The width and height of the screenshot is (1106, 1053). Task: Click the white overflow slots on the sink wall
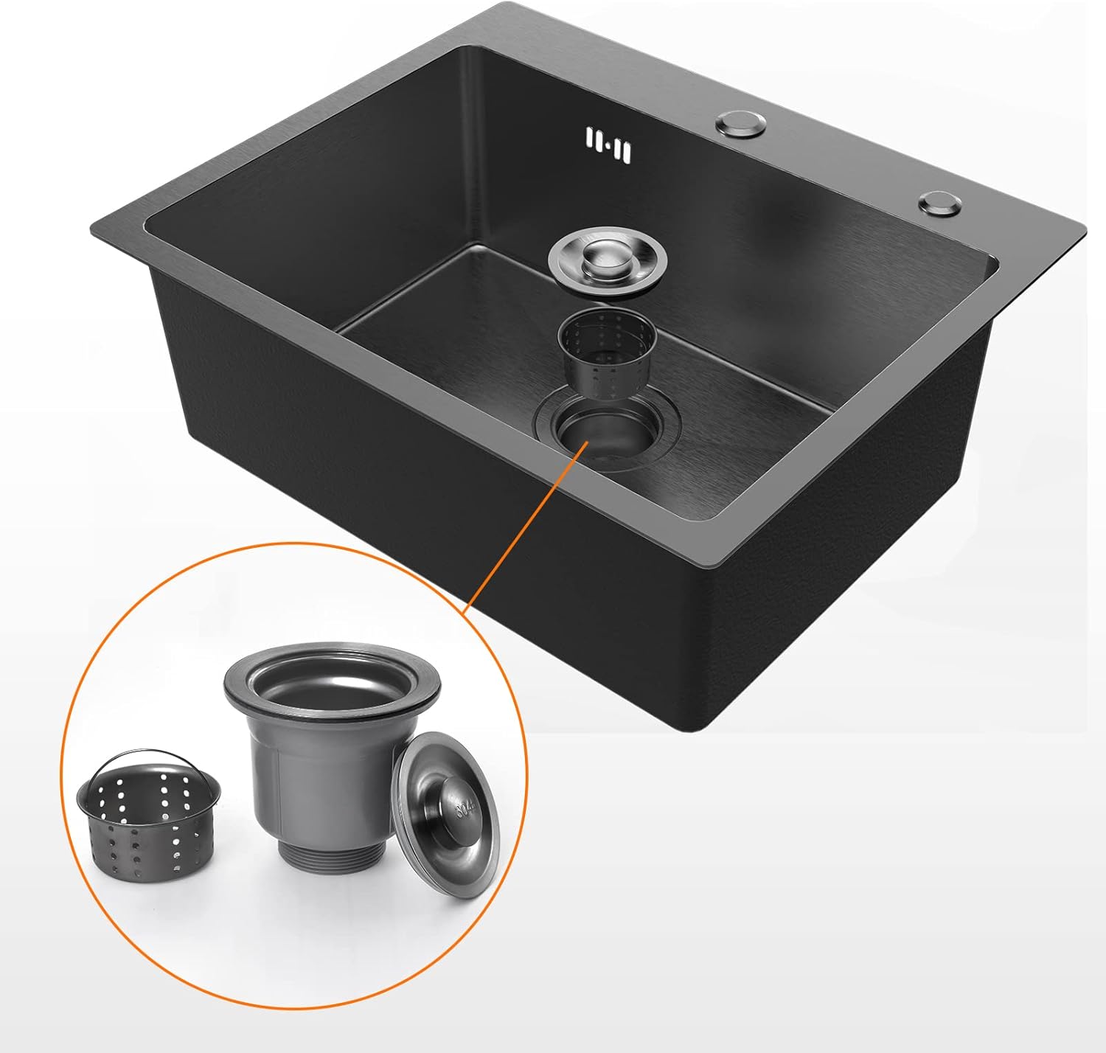pyautogui.click(x=608, y=145)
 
